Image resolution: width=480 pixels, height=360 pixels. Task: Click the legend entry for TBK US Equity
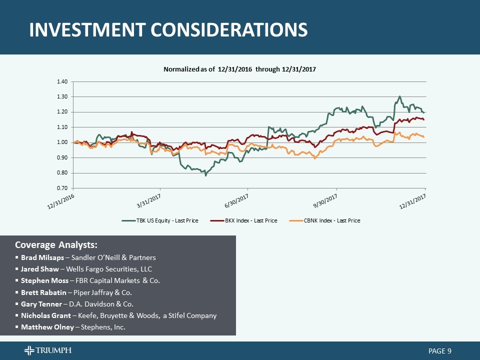click(160, 220)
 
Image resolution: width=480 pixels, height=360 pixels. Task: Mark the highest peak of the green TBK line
click(399, 96)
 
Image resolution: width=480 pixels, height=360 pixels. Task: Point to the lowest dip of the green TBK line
click(205, 175)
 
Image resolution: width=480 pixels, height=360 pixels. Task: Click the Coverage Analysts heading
click(56, 245)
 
